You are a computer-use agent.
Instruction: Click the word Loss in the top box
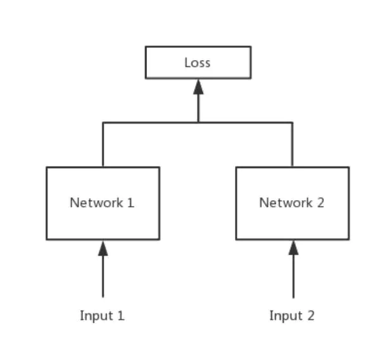[x=197, y=63]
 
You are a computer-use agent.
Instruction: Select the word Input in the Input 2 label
[x=286, y=316]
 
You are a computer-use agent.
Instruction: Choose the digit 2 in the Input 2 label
[x=310, y=316]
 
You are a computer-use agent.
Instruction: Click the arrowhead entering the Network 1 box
[x=103, y=248]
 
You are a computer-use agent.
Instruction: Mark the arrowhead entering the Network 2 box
[x=293, y=248]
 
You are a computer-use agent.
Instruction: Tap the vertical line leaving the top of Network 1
[x=103, y=146]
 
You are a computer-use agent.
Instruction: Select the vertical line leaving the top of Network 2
[x=292, y=146]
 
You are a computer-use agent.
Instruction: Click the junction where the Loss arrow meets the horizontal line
[x=198, y=122]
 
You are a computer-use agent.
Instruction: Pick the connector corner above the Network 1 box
[x=103, y=122]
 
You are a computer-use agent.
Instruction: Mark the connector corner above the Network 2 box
[x=292, y=122]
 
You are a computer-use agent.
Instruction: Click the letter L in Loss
[x=187, y=63]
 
